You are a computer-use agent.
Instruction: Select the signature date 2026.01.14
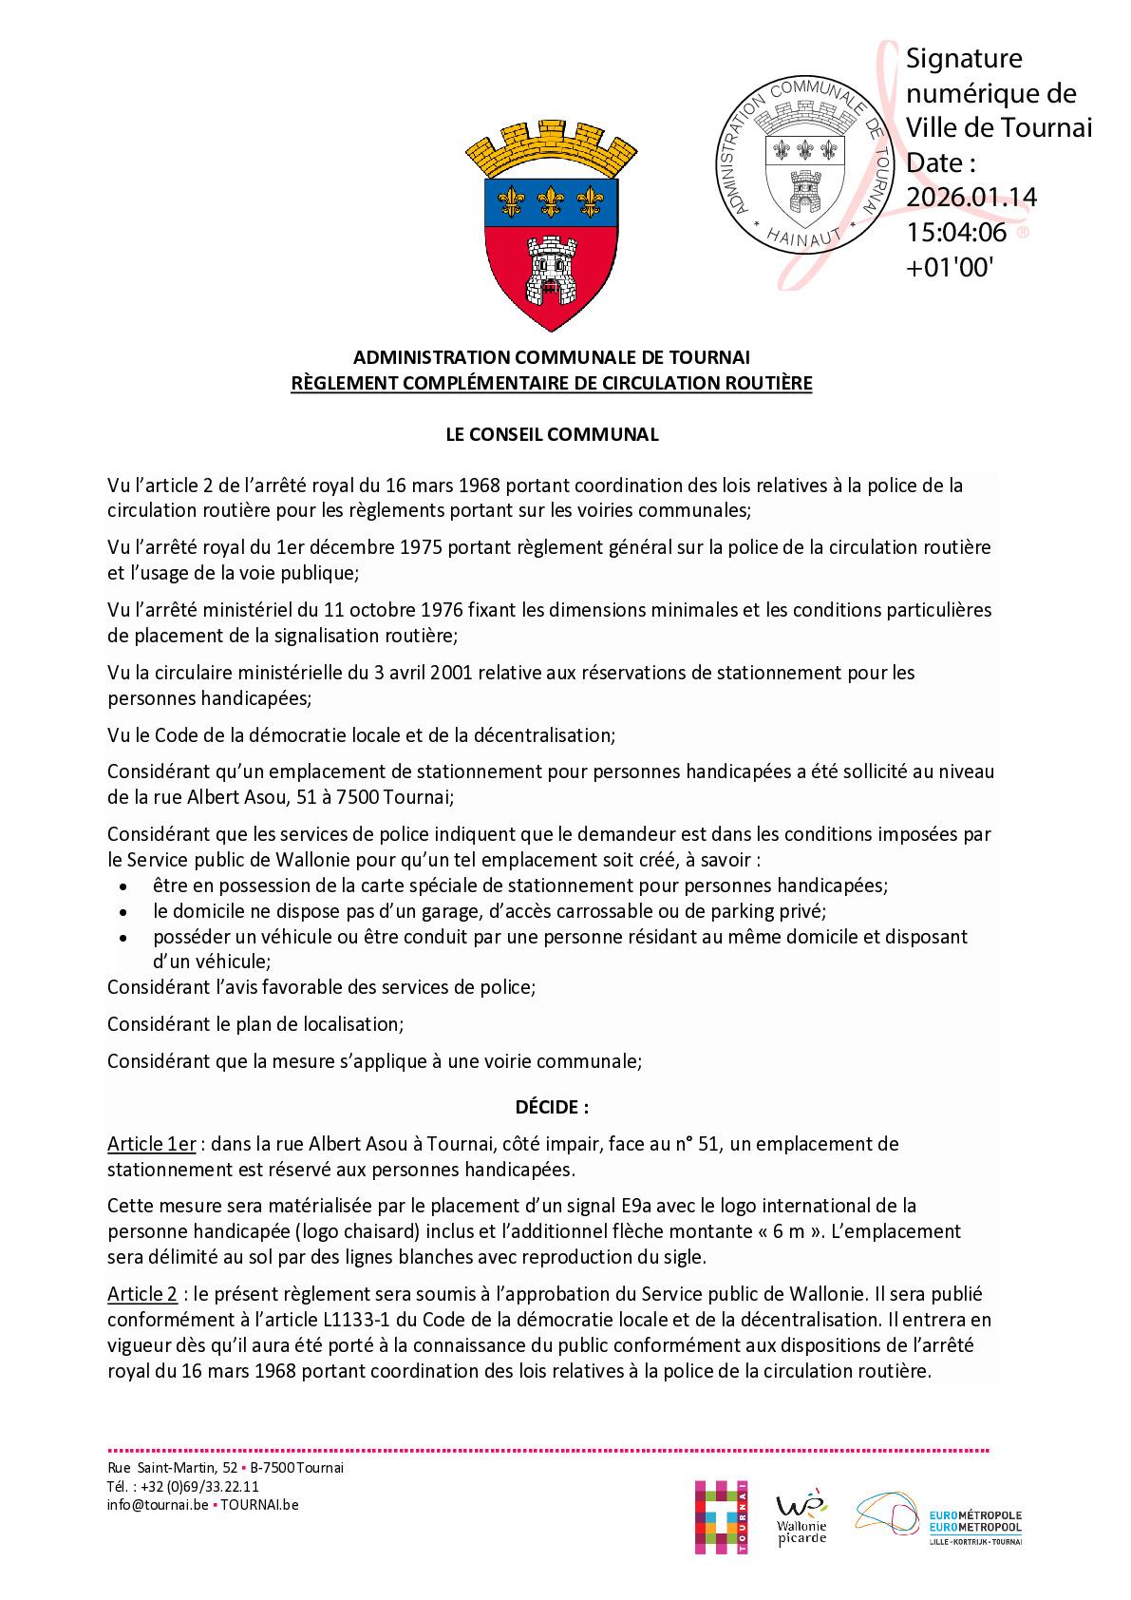tap(971, 197)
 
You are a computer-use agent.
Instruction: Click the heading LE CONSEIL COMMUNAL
tap(552, 434)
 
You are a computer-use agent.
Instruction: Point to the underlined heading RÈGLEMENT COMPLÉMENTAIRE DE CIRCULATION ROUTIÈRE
tap(552, 384)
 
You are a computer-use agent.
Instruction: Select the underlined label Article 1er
tap(151, 1144)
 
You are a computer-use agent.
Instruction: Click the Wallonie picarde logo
tap(801, 1518)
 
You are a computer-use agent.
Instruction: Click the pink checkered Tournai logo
tap(721, 1516)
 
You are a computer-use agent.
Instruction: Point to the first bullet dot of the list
tap(122, 886)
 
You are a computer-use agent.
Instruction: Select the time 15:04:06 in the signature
tap(956, 231)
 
